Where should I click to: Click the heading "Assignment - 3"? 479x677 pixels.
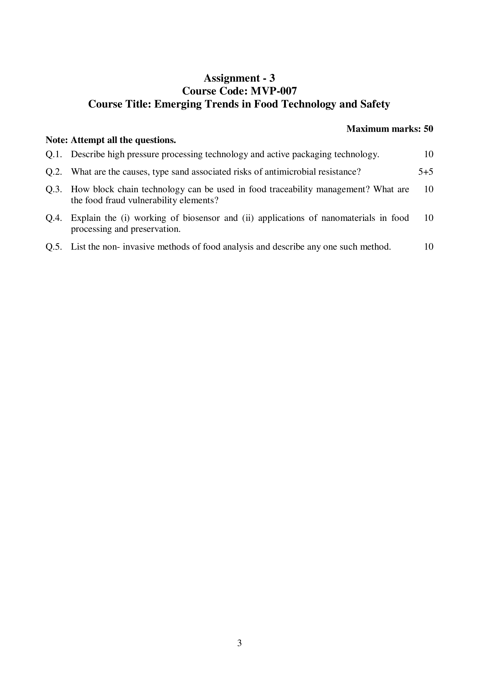coord(239,78)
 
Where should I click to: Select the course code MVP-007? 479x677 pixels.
coord(273,91)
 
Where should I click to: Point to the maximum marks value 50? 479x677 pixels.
coord(428,129)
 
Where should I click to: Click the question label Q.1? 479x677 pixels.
coord(54,154)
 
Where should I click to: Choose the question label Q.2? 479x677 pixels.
coord(54,172)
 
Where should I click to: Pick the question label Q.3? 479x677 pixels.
coord(54,189)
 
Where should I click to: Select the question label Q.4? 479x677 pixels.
coord(54,218)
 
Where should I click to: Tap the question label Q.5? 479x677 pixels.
coord(54,247)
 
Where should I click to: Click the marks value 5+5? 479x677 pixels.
coord(426,172)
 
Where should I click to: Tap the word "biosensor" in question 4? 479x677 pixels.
coord(202,218)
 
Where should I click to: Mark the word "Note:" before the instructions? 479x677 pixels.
coord(57,140)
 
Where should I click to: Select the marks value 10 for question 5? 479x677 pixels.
coord(429,247)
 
